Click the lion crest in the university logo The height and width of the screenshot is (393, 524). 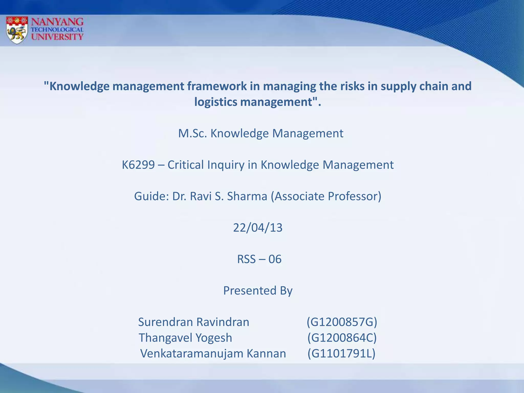[x=17, y=30]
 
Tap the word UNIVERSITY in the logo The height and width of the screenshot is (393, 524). [x=57, y=37]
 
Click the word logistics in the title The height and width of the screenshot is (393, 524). [x=216, y=102]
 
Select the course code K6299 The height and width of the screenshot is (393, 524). [x=138, y=165]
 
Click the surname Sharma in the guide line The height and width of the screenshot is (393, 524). [x=247, y=196]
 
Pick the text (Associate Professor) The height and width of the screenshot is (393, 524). [x=326, y=196]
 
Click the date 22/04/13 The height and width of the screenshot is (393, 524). [x=258, y=228]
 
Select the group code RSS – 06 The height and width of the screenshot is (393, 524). [x=259, y=259]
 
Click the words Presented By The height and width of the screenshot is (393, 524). [x=258, y=291]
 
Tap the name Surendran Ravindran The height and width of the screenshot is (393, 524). [x=193, y=322]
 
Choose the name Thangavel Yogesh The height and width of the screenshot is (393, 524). [x=185, y=338]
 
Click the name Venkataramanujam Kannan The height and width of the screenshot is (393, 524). [x=213, y=354]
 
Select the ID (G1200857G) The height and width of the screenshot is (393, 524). [x=342, y=322]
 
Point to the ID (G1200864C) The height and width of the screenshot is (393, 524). [x=342, y=338]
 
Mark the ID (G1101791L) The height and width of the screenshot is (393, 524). [x=341, y=354]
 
